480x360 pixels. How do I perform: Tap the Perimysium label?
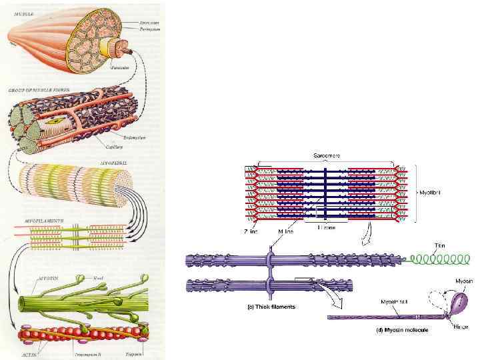click(140, 29)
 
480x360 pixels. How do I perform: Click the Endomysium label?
click(133, 137)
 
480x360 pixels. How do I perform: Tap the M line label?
click(285, 232)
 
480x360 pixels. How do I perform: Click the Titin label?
click(440, 246)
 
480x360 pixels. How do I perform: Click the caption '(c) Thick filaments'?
click(267, 307)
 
